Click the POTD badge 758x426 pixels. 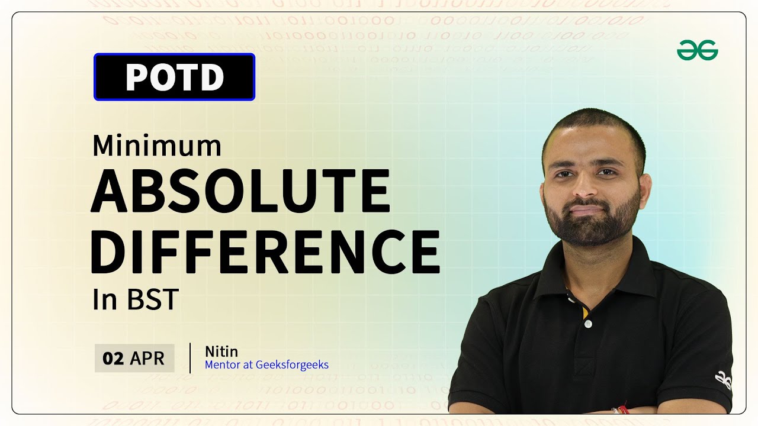[x=174, y=77]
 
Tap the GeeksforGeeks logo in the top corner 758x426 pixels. [x=698, y=51]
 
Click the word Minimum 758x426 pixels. [x=157, y=146]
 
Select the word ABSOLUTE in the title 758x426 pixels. [x=240, y=191]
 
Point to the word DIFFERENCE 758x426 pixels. [x=265, y=251]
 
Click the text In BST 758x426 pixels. [x=135, y=300]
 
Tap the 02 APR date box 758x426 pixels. [x=134, y=358]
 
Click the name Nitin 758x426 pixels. [x=221, y=351]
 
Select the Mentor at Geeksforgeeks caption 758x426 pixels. [x=266, y=364]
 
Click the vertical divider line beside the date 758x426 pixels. [x=190, y=358]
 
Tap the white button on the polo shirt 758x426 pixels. [x=587, y=324]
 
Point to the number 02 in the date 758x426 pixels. [x=113, y=358]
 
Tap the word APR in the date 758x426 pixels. [x=147, y=358]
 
